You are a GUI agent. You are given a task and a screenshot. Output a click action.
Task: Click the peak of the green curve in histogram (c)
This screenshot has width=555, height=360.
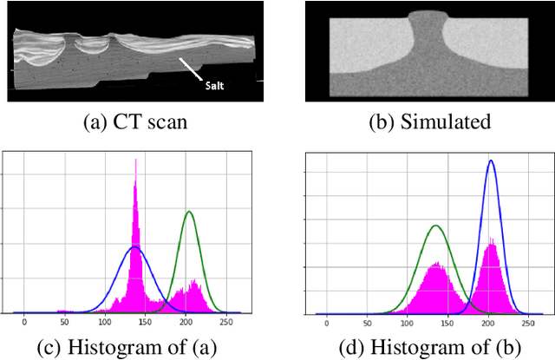click(x=188, y=212)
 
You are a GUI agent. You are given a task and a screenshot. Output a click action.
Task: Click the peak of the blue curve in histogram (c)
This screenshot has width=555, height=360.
click(x=134, y=246)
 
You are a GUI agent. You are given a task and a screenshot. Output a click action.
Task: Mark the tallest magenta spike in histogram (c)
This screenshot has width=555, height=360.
click(x=135, y=160)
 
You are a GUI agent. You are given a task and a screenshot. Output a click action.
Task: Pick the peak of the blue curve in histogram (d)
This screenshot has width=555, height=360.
click(x=491, y=160)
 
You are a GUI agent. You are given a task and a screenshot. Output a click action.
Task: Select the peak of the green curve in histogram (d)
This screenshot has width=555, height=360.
click(x=436, y=226)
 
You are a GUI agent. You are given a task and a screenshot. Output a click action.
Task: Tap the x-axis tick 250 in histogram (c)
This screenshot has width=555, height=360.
click(x=225, y=323)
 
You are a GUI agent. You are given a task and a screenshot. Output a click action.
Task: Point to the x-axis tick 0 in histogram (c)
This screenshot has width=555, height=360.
click(x=24, y=323)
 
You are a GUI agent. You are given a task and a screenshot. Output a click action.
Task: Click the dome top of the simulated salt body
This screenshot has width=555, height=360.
click(x=427, y=14)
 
